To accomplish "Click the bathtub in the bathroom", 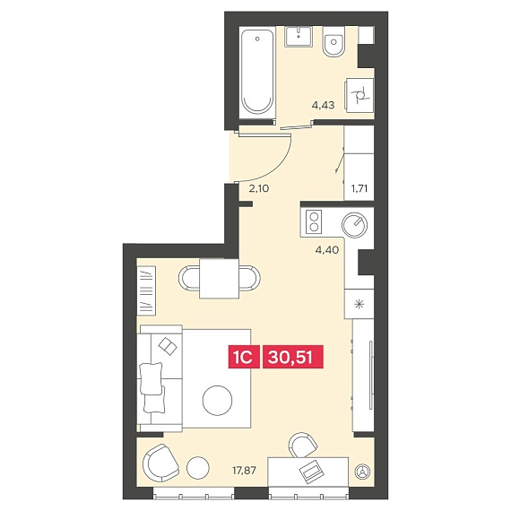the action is click(257, 73).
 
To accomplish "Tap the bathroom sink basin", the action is click(299, 37).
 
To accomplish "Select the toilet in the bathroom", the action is click(333, 41).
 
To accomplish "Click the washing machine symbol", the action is click(359, 96).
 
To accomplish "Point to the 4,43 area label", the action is click(323, 105).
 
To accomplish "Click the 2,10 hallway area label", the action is click(259, 188).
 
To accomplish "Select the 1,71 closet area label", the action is click(359, 188).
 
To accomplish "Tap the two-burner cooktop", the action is click(314, 221).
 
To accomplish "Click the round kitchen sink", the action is click(354, 225).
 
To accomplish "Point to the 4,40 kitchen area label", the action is click(327, 250).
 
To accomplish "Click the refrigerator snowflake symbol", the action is click(359, 305).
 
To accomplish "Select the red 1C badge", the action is click(244, 357).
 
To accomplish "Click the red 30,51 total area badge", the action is click(293, 357).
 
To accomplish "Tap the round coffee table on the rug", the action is click(217, 400).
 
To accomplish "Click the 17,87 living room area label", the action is click(244, 471).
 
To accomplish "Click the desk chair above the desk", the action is click(303, 445).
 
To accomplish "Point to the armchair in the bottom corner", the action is click(161, 463).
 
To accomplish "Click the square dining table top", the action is click(220, 278).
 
